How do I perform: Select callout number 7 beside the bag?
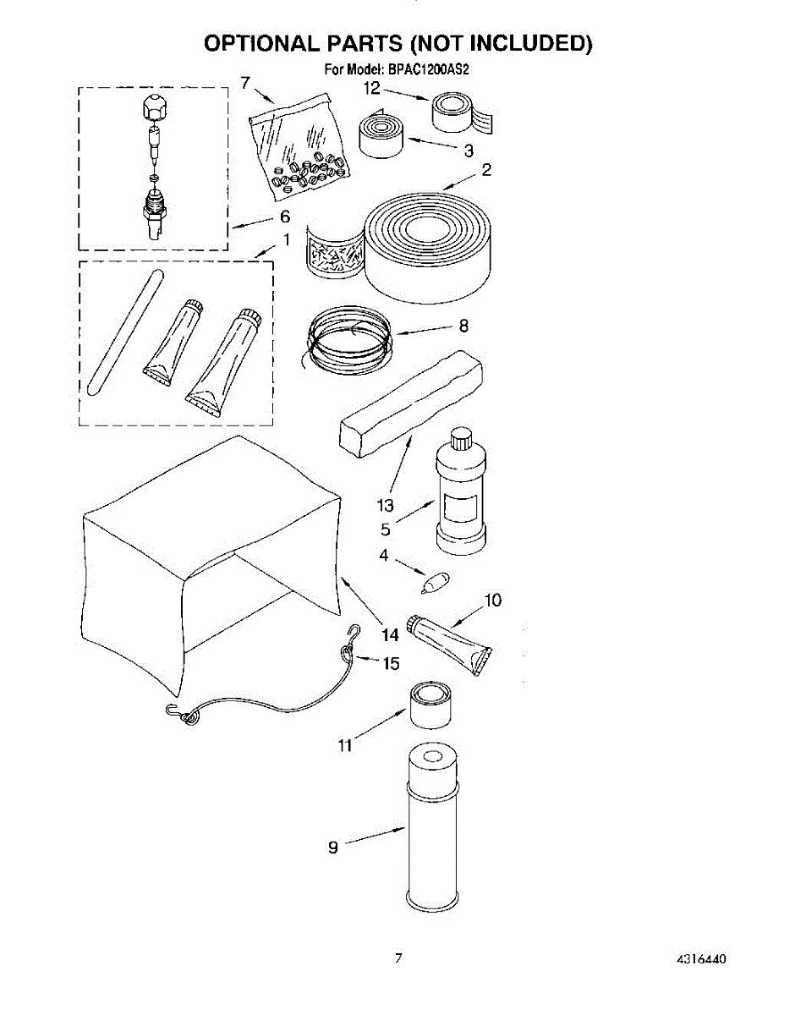(244, 82)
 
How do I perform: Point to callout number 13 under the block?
(385, 506)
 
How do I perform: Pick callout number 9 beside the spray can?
(333, 847)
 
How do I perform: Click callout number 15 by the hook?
(391, 663)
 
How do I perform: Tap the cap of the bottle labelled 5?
(461, 440)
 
